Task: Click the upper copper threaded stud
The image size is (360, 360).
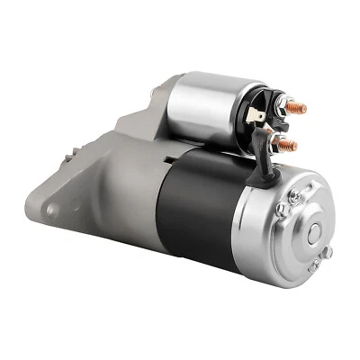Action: (x=299, y=108)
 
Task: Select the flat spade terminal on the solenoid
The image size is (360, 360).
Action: (x=257, y=115)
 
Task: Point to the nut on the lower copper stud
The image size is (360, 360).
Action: (x=280, y=144)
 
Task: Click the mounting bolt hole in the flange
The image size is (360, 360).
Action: (x=52, y=209)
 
